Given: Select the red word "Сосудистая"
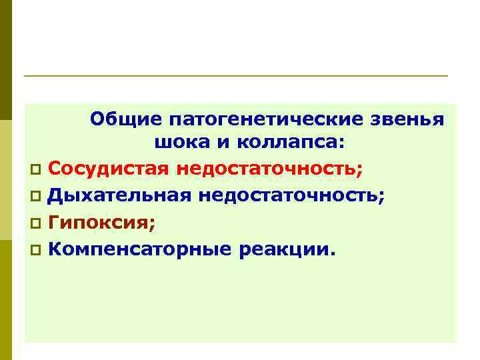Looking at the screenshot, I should coord(109,169).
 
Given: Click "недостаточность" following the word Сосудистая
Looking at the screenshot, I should coord(270,169).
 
